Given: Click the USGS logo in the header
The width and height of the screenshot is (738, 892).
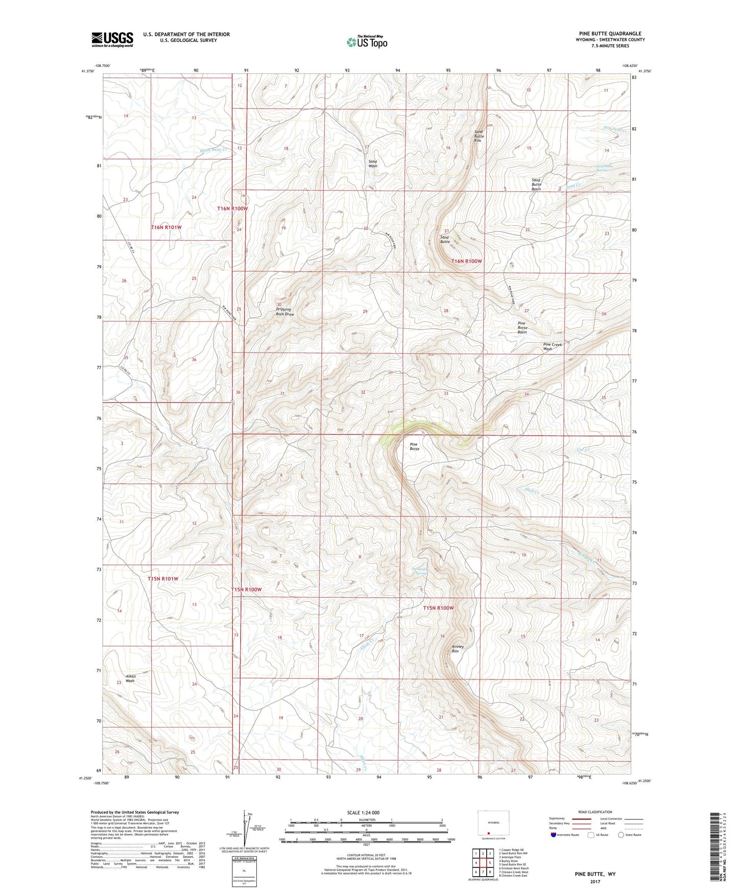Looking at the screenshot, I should [x=112, y=39].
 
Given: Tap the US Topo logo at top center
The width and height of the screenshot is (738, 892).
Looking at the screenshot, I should [x=367, y=41].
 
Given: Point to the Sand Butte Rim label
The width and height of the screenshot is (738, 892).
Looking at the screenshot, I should [x=479, y=136].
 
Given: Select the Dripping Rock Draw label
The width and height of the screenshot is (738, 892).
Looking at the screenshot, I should [x=284, y=312].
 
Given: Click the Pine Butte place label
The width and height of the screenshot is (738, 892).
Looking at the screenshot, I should [x=415, y=447].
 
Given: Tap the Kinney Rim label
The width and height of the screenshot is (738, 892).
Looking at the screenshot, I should [x=458, y=649].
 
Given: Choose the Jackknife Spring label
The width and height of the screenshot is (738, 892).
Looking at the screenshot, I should [x=419, y=571].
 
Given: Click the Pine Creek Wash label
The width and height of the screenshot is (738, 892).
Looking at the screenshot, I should [x=552, y=346].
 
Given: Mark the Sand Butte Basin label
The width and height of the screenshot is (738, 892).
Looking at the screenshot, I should [x=536, y=184].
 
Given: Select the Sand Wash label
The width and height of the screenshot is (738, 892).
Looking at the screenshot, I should [x=373, y=163].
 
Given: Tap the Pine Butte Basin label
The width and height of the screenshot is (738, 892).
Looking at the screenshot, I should [x=521, y=327].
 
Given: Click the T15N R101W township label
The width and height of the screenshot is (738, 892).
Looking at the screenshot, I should [x=163, y=579].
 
